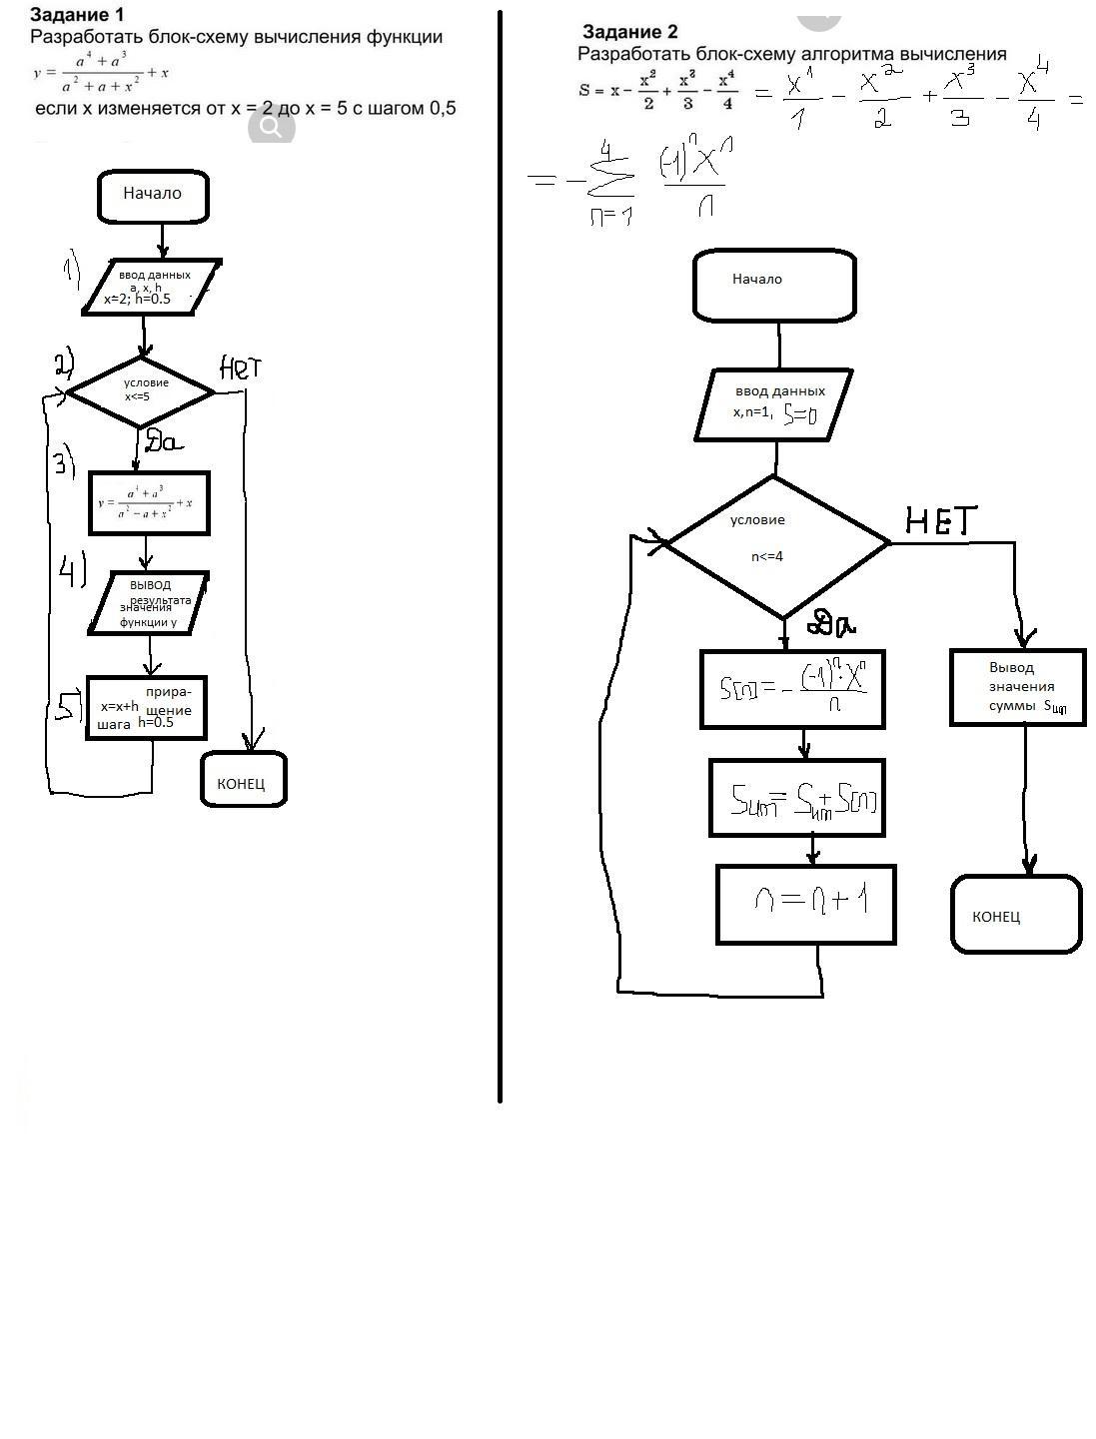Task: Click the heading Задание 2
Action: tap(629, 32)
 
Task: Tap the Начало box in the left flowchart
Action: tap(153, 196)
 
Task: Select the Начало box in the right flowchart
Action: tap(774, 285)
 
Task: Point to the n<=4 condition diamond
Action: tap(776, 545)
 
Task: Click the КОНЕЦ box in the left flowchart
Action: tap(243, 780)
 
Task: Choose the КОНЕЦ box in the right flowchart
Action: tap(1015, 914)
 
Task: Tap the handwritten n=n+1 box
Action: tap(806, 904)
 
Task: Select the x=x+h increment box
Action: tap(147, 708)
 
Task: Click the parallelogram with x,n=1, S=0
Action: tap(774, 404)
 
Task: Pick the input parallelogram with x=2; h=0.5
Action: tap(150, 288)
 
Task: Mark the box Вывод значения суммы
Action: tap(1017, 687)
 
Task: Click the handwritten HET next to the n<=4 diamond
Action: tap(940, 520)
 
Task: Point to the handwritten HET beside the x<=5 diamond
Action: tap(240, 368)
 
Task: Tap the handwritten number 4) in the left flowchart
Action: tap(72, 572)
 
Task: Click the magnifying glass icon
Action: tap(271, 128)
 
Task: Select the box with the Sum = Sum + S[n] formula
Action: tap(797, 798)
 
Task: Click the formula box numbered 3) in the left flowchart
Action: tap(150, 503)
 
